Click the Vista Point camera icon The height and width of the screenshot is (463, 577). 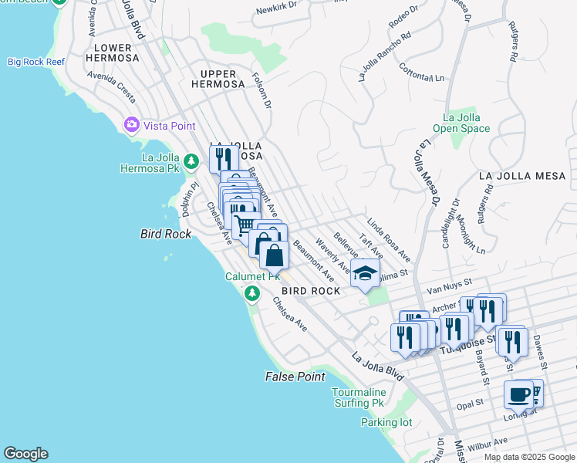131,124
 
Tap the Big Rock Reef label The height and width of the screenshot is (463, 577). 35,62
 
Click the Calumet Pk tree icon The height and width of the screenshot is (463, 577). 252,293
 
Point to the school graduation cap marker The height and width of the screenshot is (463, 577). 366,273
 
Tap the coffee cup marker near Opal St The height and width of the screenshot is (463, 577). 518,394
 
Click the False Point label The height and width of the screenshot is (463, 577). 295,377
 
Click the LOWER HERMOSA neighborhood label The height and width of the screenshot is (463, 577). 116,52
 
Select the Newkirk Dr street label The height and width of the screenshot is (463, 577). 276,12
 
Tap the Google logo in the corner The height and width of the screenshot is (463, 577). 25,454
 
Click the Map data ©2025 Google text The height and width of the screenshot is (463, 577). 528,457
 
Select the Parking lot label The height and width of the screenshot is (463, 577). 386,422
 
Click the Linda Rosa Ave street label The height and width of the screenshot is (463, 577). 388,239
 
